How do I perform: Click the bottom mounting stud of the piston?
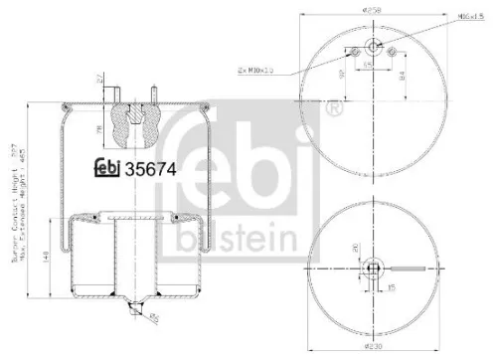133,311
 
